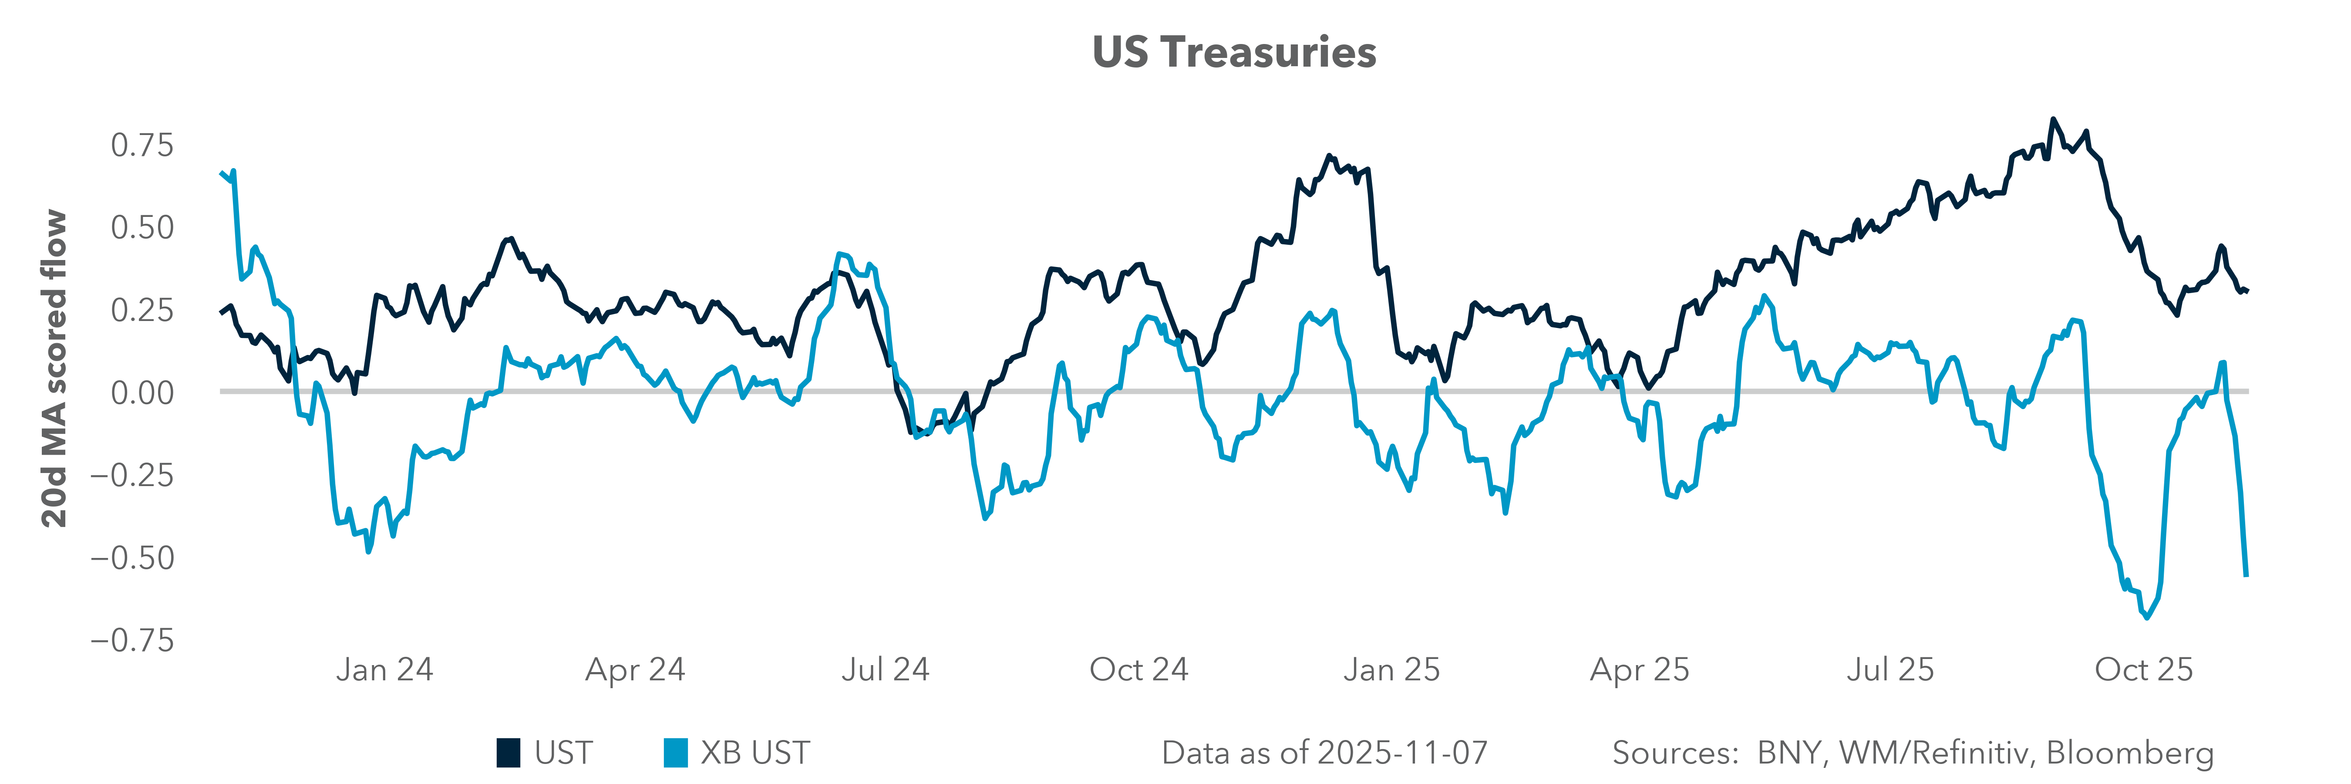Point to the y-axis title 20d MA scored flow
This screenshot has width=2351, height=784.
pyautogui.click(x=55, y=369)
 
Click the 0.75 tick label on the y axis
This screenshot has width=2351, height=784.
pyautogui.click(x=141, y=145)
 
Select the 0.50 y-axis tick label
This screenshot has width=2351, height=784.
pyautogui.click(x=141, y=227)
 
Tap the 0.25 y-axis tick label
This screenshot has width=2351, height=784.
pyautogui.click(x=141, y=310)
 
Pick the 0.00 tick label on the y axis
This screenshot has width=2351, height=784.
pyautogui.click(x=141, y=392)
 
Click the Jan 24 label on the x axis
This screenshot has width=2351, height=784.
pyautogui.click(x=384, y=670)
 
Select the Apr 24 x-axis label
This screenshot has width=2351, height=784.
pyautogui.click(x=635, y=670)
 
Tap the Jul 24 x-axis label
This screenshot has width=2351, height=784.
pyautogui.click(x=885, y=670)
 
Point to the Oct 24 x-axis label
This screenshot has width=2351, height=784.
pyautogui.click(x=1139, y=670)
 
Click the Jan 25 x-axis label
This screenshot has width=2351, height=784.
pyautogui.click(x=1391, y=670)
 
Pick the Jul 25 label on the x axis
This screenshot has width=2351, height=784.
pyautogui.click(x=1890, y=670)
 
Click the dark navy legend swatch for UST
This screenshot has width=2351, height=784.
pyautogui.click(x=509, y=753)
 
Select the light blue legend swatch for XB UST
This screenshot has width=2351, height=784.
pyautogui.click(x=675, y=753)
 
